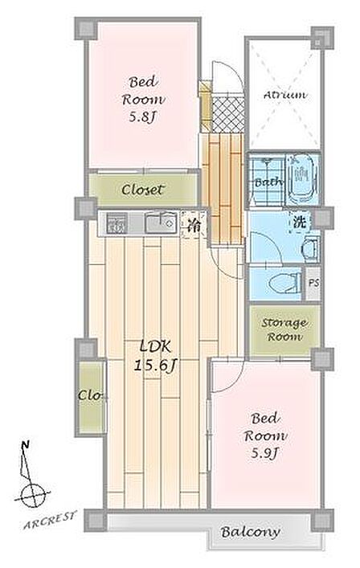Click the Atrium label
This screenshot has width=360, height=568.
tap(285, 96)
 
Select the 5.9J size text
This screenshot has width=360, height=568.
tap(264, 452)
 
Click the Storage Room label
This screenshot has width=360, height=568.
tap(284, 329)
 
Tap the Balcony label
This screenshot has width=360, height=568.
tap(250, 532)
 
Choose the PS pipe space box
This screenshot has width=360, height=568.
tap(313, 283)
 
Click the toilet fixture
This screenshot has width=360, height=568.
tap(286, 283)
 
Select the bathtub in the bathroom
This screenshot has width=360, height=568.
tap(302, 179)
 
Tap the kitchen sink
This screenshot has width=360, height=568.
tap(162, 223)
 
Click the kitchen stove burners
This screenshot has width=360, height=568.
tap(117, 223)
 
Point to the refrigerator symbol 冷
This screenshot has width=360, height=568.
tap(194, 225)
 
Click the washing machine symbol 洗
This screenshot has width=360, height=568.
tap(300, 222)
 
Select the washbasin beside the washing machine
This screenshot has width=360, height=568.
tap(311, 249)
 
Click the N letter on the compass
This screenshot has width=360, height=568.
tap(25, 445)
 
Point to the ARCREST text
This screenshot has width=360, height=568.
tap(51, 520)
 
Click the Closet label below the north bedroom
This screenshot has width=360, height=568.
tap(142, 190)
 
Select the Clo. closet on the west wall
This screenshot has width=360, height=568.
tap(92, 395)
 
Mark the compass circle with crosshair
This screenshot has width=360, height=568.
tap(33, 495)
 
